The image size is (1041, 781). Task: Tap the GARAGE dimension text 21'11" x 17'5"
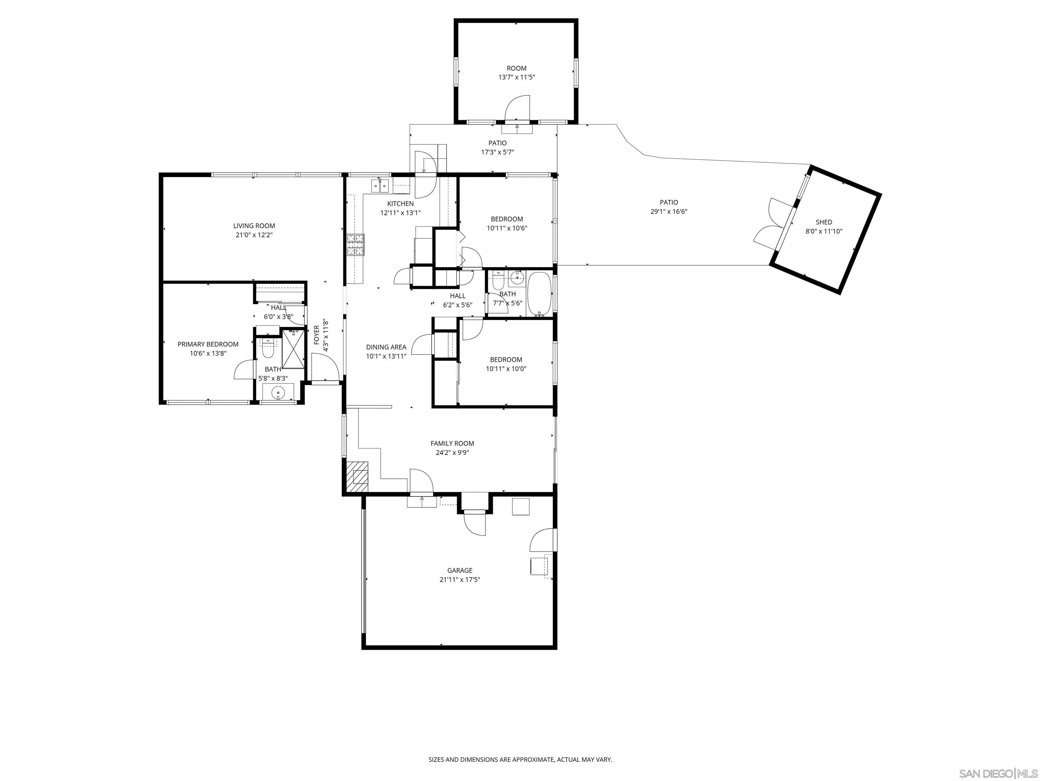[x=460, y=580]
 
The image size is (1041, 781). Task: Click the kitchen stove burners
[x=356, y=245]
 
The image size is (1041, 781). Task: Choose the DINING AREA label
[x=386, y=347]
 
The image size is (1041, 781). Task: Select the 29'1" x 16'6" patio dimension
[x=669, y=212]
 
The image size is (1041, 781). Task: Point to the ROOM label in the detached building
[x=517, y=68]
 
